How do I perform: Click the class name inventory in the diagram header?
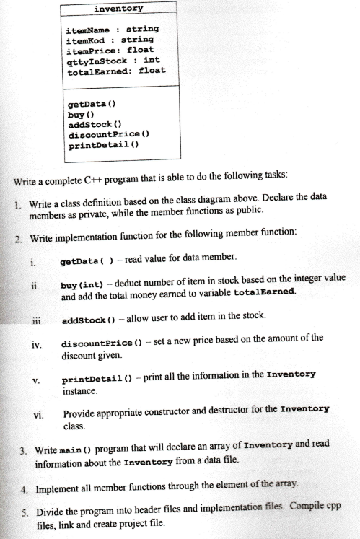click(x=118, y=9)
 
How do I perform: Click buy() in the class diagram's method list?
click(x=76, y=114)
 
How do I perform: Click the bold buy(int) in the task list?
click(x=85, y=279)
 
